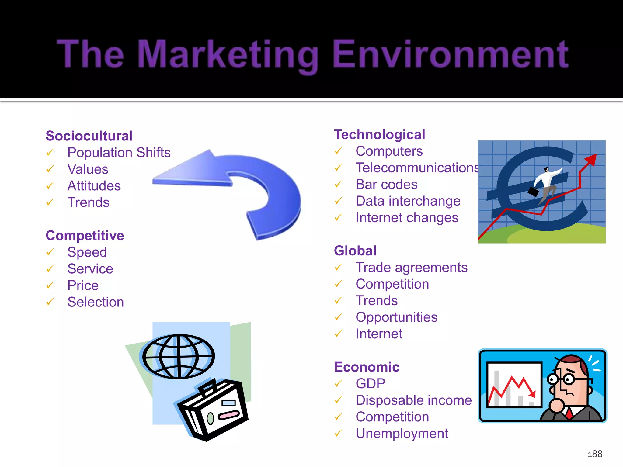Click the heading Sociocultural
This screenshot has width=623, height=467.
coord(89,136)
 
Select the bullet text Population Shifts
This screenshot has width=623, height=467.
coord(119,153)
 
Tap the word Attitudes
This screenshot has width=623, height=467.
coord(94,186)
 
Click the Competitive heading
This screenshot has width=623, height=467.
coord(85,236)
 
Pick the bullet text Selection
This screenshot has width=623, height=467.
coord(96,302)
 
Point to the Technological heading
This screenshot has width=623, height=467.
coord(379,135)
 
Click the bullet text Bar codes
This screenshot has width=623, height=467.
coord(386,185)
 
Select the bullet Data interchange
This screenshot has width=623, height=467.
coord(408,201)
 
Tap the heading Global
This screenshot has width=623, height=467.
coord(355,251)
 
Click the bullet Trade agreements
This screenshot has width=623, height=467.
coord(411,268)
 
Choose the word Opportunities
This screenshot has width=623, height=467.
coord(396,317)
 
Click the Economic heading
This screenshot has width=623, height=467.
coord(367,367)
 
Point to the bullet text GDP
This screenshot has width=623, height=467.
coord(370,384)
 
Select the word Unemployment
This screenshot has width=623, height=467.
coord(402,434)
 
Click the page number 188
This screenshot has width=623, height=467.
coord(595,454)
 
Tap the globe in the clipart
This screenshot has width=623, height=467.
coord(179,357)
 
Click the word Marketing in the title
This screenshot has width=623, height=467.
coord(228,54)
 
